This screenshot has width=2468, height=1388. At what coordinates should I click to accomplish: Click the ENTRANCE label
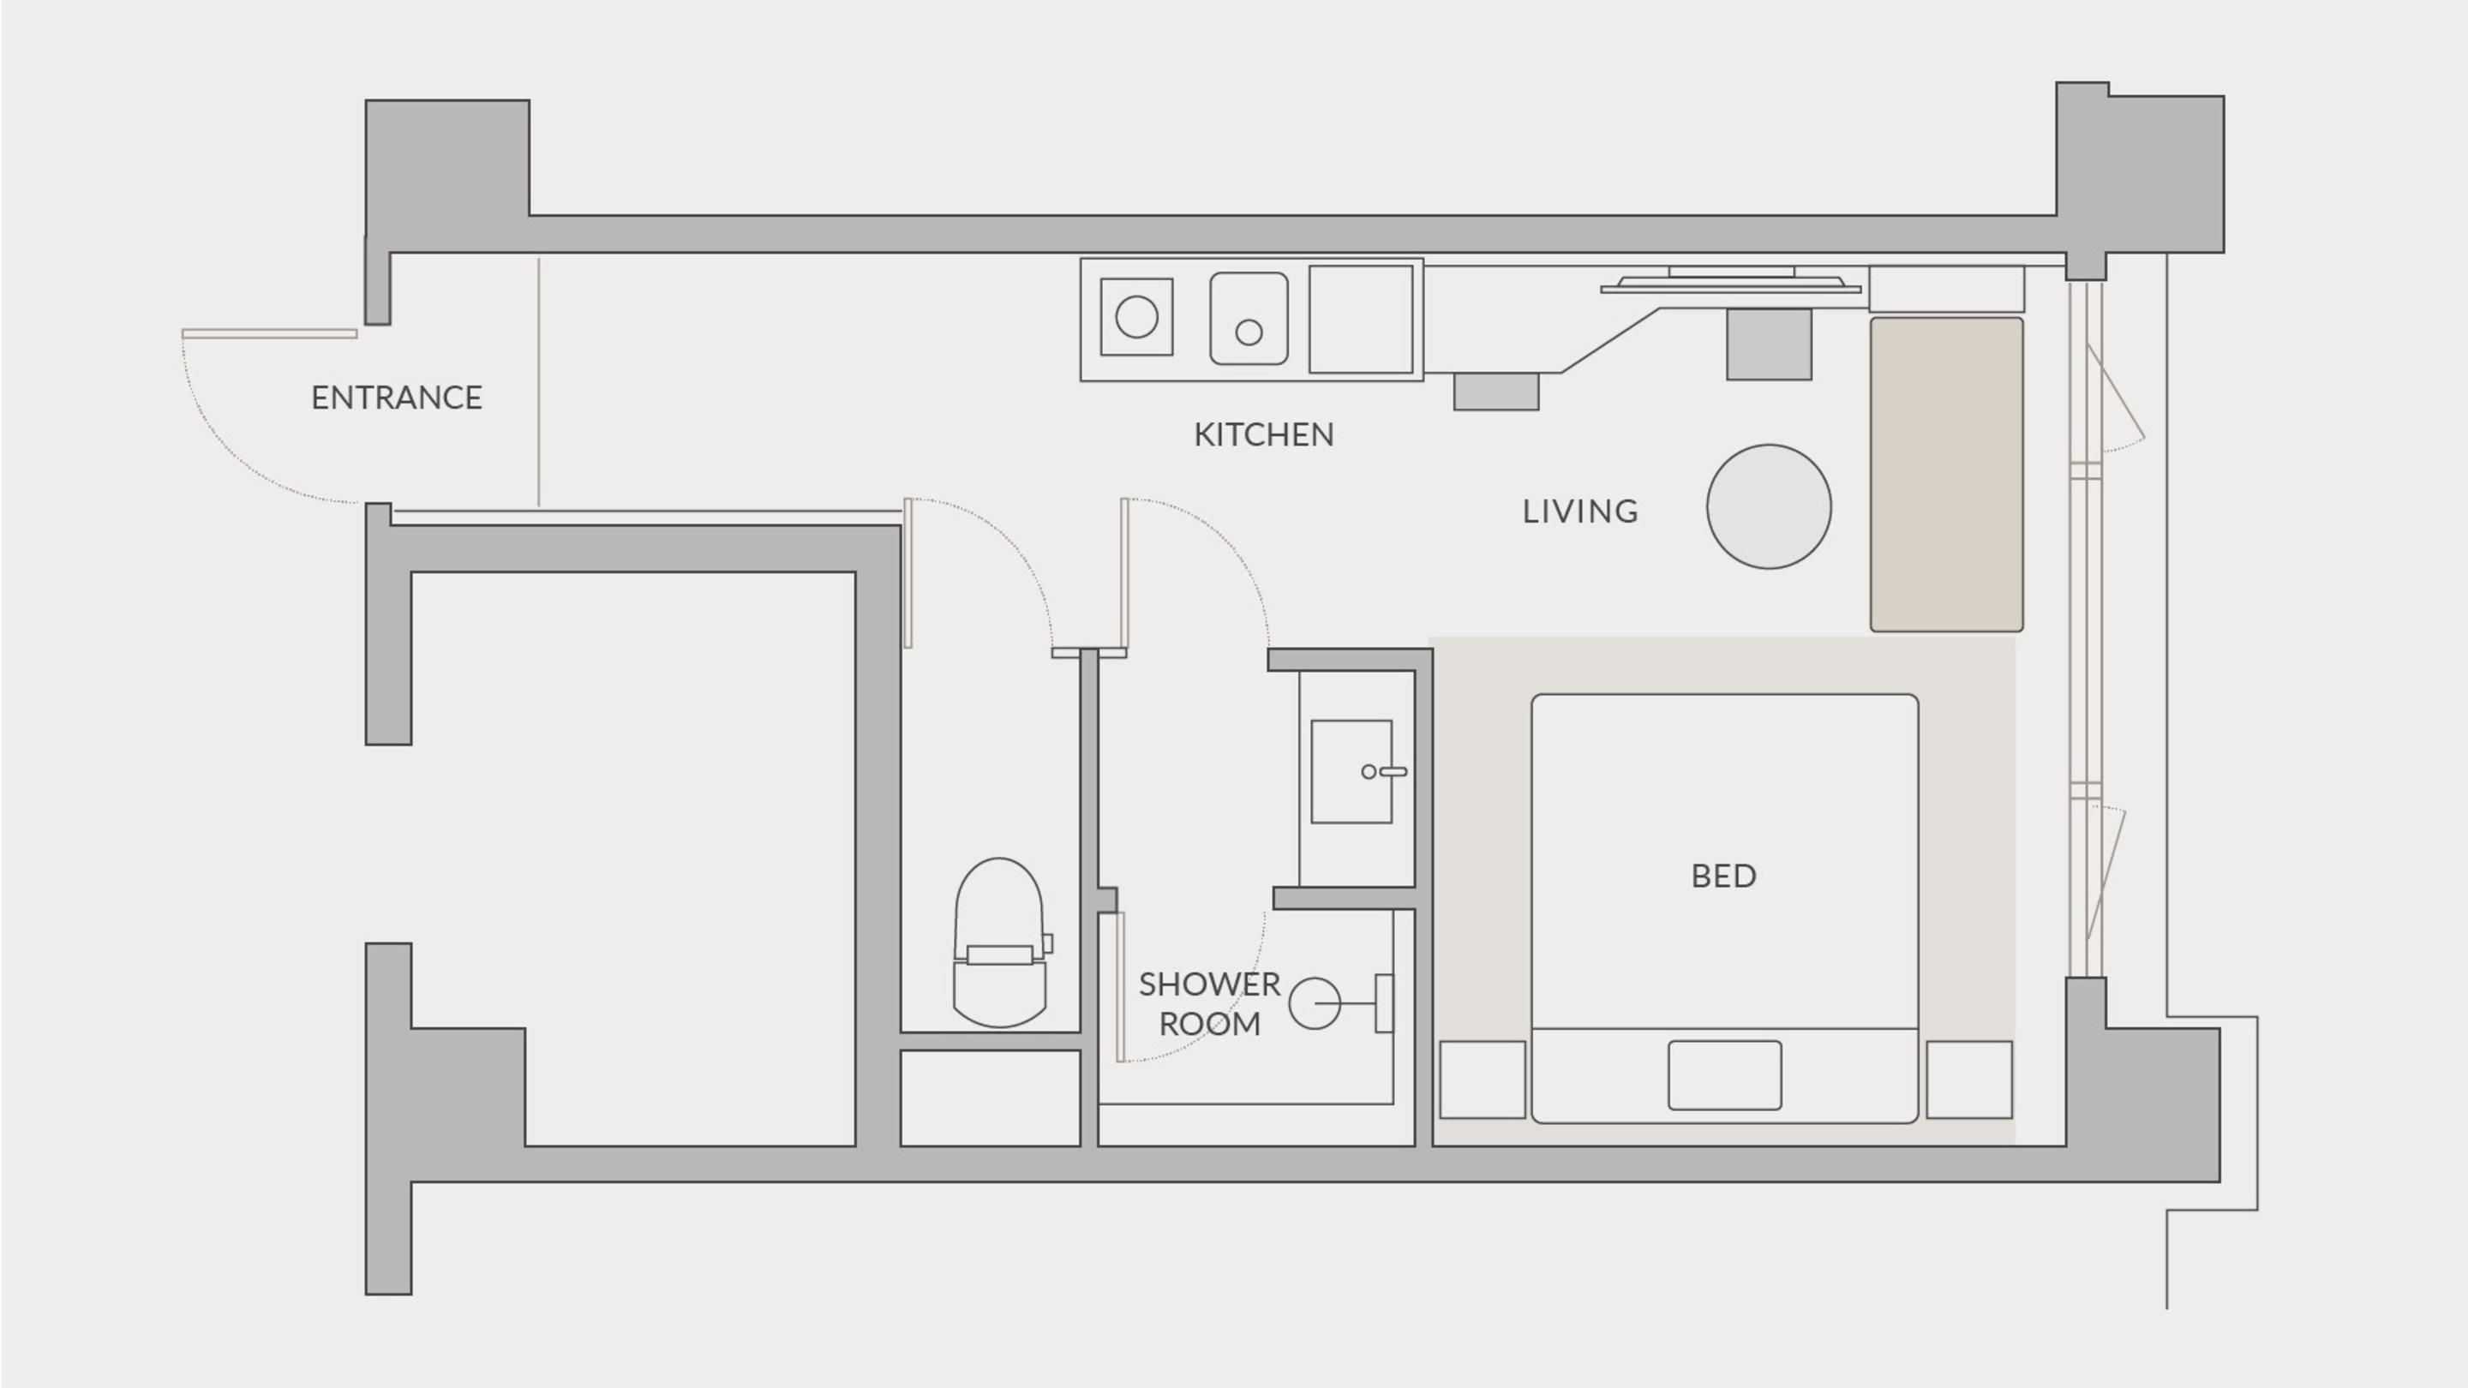pos(397,398)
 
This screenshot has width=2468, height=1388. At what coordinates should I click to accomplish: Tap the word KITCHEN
pos(1264,435)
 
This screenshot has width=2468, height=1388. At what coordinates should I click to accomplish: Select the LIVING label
pos(1581,512)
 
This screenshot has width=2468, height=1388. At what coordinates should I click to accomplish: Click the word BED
pos(1723,876)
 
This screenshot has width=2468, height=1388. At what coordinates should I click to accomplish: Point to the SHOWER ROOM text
pos(1209,1004)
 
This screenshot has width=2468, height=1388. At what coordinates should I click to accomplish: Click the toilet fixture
pos(999,942)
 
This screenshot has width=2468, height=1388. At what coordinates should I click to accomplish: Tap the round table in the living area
pos(1769,506)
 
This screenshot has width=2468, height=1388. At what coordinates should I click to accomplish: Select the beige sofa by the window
pos(1947,474)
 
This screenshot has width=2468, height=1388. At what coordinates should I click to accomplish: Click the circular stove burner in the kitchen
pos(1136,317)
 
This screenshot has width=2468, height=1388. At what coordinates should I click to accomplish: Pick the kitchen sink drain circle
pos(1249,332)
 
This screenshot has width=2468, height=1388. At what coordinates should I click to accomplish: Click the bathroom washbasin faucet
pos(1385,771)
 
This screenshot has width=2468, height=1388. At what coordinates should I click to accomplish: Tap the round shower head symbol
pos(1315,1003)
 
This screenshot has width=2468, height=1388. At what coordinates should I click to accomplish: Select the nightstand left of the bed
pos(1483,1080)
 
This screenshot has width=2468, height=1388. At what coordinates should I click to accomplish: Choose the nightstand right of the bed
pos(1969,1080)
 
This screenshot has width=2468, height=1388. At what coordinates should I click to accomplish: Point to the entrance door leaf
pos(269,334)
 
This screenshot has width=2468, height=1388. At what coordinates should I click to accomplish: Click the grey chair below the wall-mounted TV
pos(1769,344)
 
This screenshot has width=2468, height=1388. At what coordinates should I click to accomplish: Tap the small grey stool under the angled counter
pos(1495,392)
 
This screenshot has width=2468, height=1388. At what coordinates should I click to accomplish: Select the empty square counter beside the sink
pos(1361,319)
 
